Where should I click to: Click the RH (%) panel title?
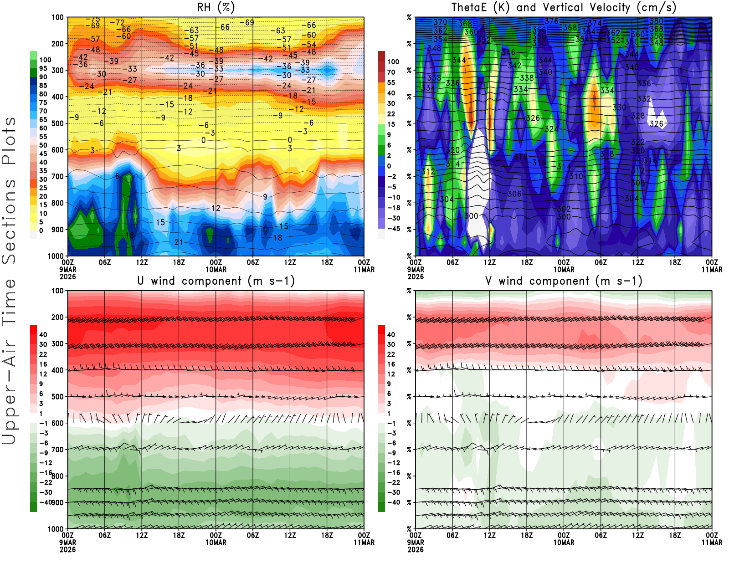(216, 8)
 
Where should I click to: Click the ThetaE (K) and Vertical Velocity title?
(564, 8)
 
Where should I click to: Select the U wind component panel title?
(216, 281)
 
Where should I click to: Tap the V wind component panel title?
(564, 281)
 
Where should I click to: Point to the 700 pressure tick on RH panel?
(57, 176)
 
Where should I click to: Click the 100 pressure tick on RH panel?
(57, 17)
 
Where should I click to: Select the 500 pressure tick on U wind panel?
(57, 397)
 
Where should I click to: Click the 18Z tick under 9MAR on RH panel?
(179, 262)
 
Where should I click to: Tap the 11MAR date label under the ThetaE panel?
(712, 270)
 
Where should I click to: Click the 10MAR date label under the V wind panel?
(564, 543)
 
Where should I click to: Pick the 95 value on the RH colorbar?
(43, 68)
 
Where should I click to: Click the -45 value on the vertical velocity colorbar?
(393, 229)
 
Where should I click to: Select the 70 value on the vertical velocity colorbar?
(391, 72)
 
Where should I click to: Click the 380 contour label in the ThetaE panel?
(657, 21)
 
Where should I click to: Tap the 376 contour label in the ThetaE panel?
(551, 21)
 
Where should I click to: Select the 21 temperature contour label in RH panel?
(179, 242)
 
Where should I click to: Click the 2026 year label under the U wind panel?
(68, 550)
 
